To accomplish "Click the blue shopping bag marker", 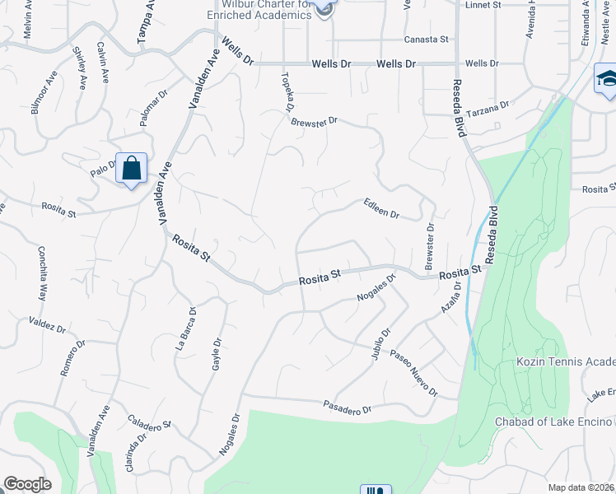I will tap(131, 169).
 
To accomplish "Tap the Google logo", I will tap(28, 484).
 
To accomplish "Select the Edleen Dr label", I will tap(382, 208).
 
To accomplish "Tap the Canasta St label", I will tap(426, 39).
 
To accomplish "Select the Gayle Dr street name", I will tap(217, 353).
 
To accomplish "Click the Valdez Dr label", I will tap(47, 324).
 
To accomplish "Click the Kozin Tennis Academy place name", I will tap(565, 362).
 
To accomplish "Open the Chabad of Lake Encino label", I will tap(553, 422).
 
